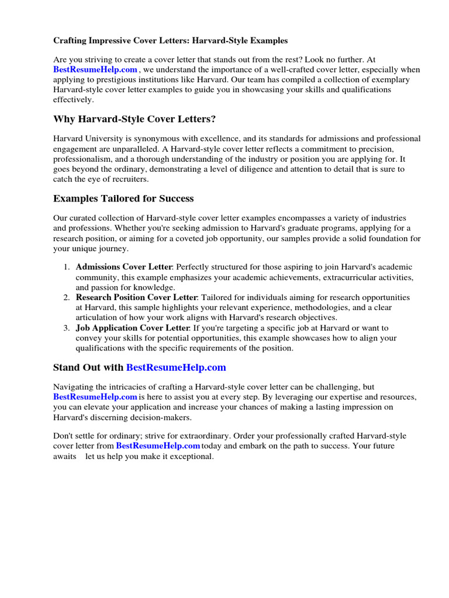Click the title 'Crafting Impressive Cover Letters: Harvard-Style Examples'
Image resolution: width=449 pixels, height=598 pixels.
pyautogui.click(x=171, y=41)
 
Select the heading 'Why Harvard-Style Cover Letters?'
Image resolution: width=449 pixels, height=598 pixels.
pyautogui.click(x=134, y=119)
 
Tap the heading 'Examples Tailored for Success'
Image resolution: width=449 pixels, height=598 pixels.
pyautogui.click(x=123, y=199)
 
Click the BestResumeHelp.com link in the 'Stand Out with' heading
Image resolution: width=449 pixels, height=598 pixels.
pyautogui.click(x=176, y=367)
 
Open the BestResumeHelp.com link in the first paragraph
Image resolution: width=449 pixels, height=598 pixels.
pyautogui.click(x=95, y=69)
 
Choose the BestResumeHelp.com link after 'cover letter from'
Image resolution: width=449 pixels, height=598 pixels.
pyautogui.click(x=158, y=446)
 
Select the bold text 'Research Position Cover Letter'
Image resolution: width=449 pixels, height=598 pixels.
pyautogui.click(x=137, y=297)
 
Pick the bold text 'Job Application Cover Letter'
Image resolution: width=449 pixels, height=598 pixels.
pyautogui.click(x=132, y=328)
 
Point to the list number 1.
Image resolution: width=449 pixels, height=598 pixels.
pyautogui.click(x=66, y=267)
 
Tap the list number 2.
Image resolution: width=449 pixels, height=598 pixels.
pyautogui.click(x=66, y=297)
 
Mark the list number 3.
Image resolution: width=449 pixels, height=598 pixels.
pyautogui.click(x=66, y=328)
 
